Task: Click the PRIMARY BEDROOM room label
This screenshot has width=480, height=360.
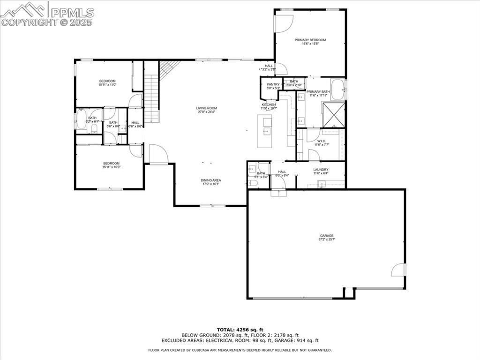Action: (310, 40)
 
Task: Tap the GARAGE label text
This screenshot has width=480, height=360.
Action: (327, 236)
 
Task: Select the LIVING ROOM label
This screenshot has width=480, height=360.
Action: (206, 108)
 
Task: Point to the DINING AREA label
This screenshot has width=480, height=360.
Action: (210, 180)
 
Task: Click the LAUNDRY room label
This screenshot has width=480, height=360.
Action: (321, 170)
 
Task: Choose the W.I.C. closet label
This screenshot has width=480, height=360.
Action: (321, 141)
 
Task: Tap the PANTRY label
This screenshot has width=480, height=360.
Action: (273, 84)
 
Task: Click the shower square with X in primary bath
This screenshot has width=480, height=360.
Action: (333, 114)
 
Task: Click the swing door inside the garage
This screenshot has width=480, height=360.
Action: (398, 270)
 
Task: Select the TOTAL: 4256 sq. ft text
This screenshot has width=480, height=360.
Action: (240, 329)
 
